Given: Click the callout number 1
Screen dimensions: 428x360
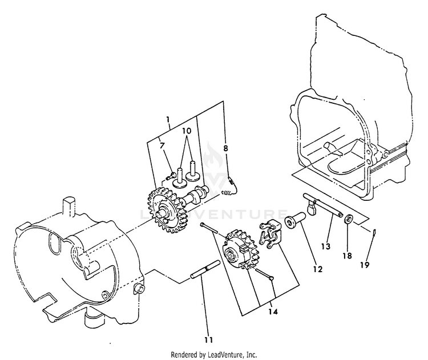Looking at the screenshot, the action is click(x=168, y=119).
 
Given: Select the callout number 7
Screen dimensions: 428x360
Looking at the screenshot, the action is click(x=162, y=145).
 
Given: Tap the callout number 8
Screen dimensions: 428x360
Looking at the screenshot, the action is click(x=225, y=148).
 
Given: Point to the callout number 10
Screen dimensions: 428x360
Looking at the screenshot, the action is click(x=187, y=131).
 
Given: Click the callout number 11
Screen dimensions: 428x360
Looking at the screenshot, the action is click(x=208, y=340).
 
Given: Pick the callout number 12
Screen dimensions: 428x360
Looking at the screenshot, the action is click(x=318, y=269).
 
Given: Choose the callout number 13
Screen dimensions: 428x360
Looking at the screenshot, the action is click(x=326, y=246).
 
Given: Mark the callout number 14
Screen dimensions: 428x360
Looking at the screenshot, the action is click(x=273, y=312).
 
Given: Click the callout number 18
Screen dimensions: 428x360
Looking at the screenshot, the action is click(x=347, y=256).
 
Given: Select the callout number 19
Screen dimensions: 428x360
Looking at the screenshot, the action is click(x=365, y=265).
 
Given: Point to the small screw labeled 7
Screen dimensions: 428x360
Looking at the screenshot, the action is click(x=171, y=176).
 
